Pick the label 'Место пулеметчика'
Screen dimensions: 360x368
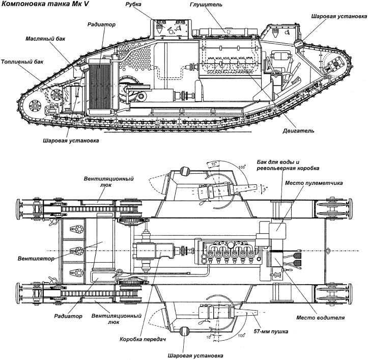pos(314,183)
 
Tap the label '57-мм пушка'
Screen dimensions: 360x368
pos(275,331)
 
